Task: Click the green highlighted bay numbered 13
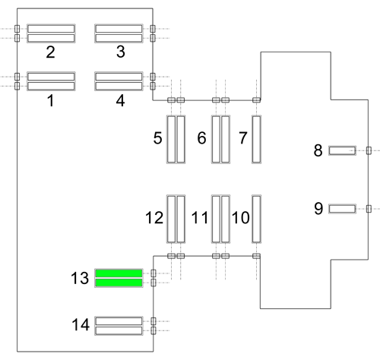pos(119,278)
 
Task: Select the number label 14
pos(81,325)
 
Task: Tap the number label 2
pos(50,52)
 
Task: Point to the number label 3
pos(121,52)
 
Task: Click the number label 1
pos(51,100)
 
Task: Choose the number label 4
pos(121,100)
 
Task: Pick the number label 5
pos(157,138)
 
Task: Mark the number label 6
pos(201,138)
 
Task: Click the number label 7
pos(243,138)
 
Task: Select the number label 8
pos(318,150)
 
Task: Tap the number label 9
pos(318,209)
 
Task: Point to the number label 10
pos(241,218)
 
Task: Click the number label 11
pos(200,218)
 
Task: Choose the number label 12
pos(154,218)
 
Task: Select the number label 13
pos(80,278)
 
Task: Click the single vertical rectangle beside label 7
pos(256,139)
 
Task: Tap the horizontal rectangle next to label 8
pos(342,150)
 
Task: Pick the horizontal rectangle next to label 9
pos(342,209)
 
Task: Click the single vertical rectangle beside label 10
pos(256,219)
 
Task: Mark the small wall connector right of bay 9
pos(369,209)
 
